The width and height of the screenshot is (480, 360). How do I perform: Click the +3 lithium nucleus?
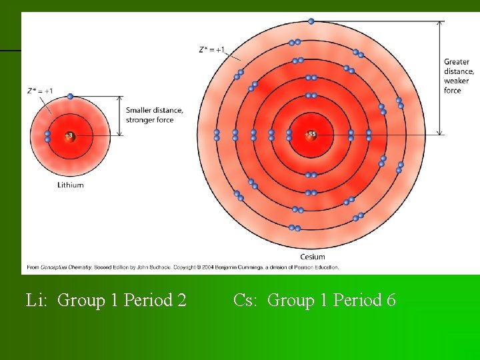pyautogui.click(x=69, y=135)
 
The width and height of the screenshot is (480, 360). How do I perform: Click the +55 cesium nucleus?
pyautogui.click(x=311, y=135)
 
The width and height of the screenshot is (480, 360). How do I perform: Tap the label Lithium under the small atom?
pyautogui.click(x=71, y=185)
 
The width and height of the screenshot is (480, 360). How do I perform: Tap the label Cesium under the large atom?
pyautogui.click(x=313, y=257)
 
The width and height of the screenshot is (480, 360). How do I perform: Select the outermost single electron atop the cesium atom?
pyautogui.click(x=311, y=21)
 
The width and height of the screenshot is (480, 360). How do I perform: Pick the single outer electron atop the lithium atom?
pyautogui.click(x=70, y=97)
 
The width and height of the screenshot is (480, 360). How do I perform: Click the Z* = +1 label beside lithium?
pyautogui.click(x=41, y=91)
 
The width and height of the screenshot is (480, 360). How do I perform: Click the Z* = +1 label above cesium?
pyautogui.click(x=212, y=49)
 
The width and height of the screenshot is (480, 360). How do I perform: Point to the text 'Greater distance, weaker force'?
pyautogui.click(x=459, y=76)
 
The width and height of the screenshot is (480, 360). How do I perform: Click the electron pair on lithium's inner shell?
pyautogui.click(x=48, y=136)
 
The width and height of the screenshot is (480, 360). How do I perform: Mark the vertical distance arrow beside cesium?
pyautogui.click(x=439, y=78)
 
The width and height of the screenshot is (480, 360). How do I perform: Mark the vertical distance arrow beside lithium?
pyautogui.click(x=120, y=117)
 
